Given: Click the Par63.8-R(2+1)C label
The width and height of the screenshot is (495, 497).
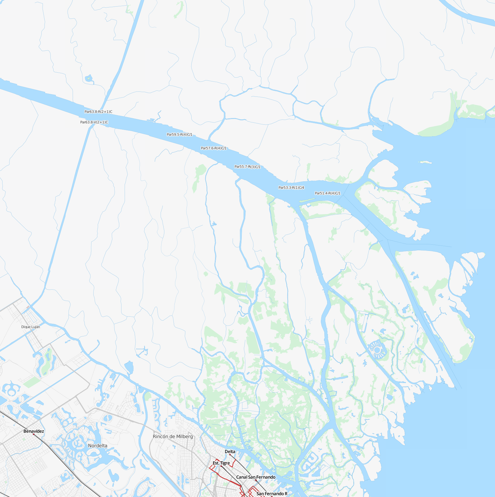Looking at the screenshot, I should (x=98, y=112).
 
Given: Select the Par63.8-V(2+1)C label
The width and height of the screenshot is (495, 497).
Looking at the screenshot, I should (x=94, y=122).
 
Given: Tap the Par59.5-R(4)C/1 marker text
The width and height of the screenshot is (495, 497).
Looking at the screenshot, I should (x=179, y=135).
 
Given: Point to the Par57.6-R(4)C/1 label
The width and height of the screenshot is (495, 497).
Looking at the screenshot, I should (x=214, y=148).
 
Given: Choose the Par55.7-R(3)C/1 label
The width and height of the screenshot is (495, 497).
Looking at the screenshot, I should (x=247, y=167).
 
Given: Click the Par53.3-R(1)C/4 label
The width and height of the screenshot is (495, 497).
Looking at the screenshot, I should (x=291, y=188).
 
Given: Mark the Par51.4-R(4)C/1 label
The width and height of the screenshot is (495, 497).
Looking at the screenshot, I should (x=327, y=193).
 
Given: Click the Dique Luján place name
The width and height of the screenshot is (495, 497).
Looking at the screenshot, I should (x=31, y=327).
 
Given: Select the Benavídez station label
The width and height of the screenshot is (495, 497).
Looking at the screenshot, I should (x=34, y=431).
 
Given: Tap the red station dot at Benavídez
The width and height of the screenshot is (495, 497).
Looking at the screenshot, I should (x=34, y=434).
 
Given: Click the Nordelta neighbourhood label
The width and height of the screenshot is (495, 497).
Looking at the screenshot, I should (x=98, y=446).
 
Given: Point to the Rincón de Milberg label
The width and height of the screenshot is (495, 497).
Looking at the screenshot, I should (x=173, y=436).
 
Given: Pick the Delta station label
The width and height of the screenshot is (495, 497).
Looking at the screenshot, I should (x=230, y=452).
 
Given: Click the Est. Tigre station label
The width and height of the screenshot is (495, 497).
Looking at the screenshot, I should (x=221, y=463).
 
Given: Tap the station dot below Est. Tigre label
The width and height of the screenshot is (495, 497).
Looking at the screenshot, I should (x=221, y=466).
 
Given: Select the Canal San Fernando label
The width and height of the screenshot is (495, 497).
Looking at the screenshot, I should (x=256, y=477).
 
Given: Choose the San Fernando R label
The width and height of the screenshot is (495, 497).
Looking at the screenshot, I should (x=272, y=494).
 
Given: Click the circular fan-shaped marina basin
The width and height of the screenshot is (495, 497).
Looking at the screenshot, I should (x=377, y=349).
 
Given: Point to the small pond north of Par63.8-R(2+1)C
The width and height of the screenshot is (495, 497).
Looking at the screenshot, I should (x=89, y=78).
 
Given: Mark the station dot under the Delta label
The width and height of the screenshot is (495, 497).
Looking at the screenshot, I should (x=230, y=455).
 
